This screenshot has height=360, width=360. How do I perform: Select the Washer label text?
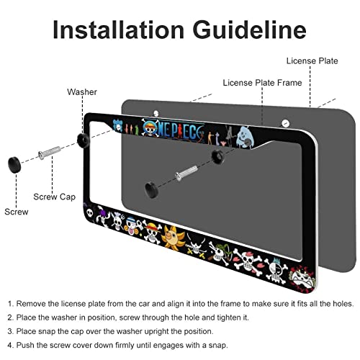point(81,92)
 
